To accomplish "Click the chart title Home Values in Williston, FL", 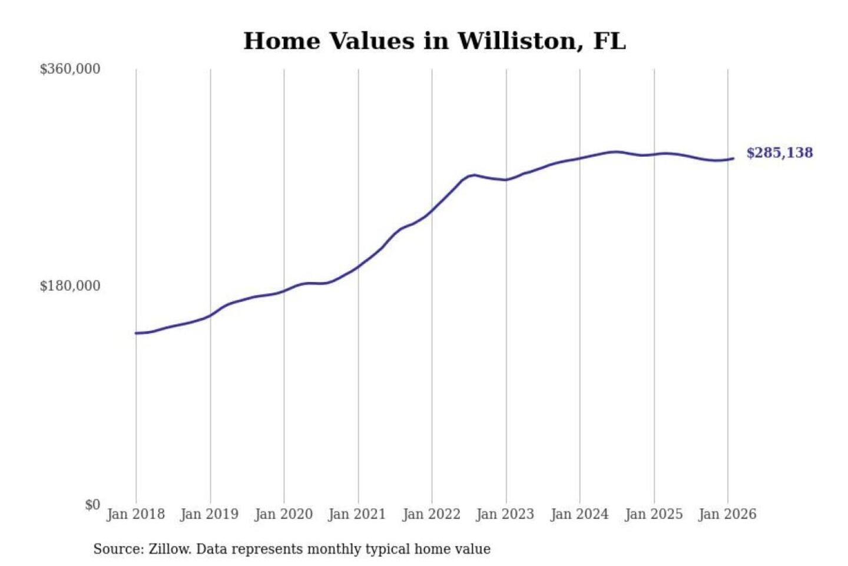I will click(x=434, y=41).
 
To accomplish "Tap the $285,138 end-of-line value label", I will click(x=779, y=153).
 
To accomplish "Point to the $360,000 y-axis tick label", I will click(x=69, y=69).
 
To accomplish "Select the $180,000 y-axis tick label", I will click(x=69, y=286).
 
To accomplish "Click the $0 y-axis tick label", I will click(x=92, y=505).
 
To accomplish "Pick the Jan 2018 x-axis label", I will click(x=135, y=514).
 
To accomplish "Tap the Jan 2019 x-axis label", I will click(x=209, y=514).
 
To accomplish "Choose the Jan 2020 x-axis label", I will click(x=283, y=514).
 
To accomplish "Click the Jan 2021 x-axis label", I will click(x=357, y=514).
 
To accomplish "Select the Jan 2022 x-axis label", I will click(x=431, y=514).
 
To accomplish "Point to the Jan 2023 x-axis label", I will click(x=505, y=514).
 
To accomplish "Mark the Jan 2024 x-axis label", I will click(x=579, y=514).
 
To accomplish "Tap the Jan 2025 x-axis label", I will click(x=653, y=514).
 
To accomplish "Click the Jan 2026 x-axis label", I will click(x=727, y=514).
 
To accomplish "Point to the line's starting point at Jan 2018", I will click(x=136, y=333).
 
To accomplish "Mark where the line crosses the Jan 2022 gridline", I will click(x=432, y=210).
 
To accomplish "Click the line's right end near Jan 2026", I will click(x=733, y=158).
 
